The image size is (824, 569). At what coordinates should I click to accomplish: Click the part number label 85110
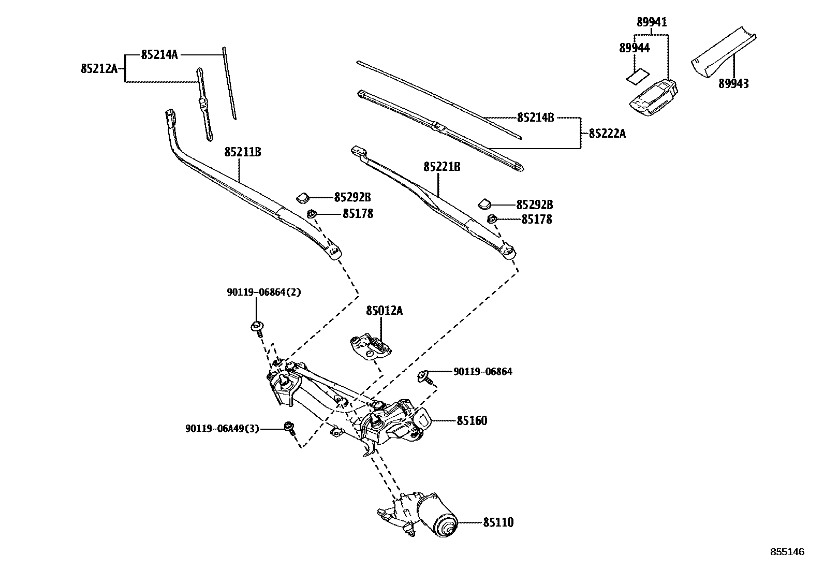[498, 523]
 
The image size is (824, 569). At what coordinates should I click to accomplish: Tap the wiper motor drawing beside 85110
[424, 515]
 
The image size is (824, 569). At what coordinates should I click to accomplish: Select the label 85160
[472, 421]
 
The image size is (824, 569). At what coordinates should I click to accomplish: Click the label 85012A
[384, 311]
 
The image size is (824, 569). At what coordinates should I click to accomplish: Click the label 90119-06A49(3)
[222, 429]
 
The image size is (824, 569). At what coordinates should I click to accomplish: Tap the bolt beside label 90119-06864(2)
[257, 326]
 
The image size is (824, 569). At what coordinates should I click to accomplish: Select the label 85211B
[242, 152]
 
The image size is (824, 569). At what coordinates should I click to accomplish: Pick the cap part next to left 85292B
[302, 197]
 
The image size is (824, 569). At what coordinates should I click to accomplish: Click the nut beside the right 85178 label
[493, 220]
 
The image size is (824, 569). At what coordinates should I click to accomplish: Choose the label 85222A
[607, 134]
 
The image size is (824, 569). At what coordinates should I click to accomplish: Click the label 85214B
[535, 118]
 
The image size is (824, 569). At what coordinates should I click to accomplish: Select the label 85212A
[99, 68]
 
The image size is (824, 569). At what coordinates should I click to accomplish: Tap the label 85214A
[159, 54]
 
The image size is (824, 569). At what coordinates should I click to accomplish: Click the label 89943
[733, 83]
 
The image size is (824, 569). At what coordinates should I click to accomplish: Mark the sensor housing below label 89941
[654, 97]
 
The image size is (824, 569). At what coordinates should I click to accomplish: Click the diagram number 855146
[787, 552]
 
